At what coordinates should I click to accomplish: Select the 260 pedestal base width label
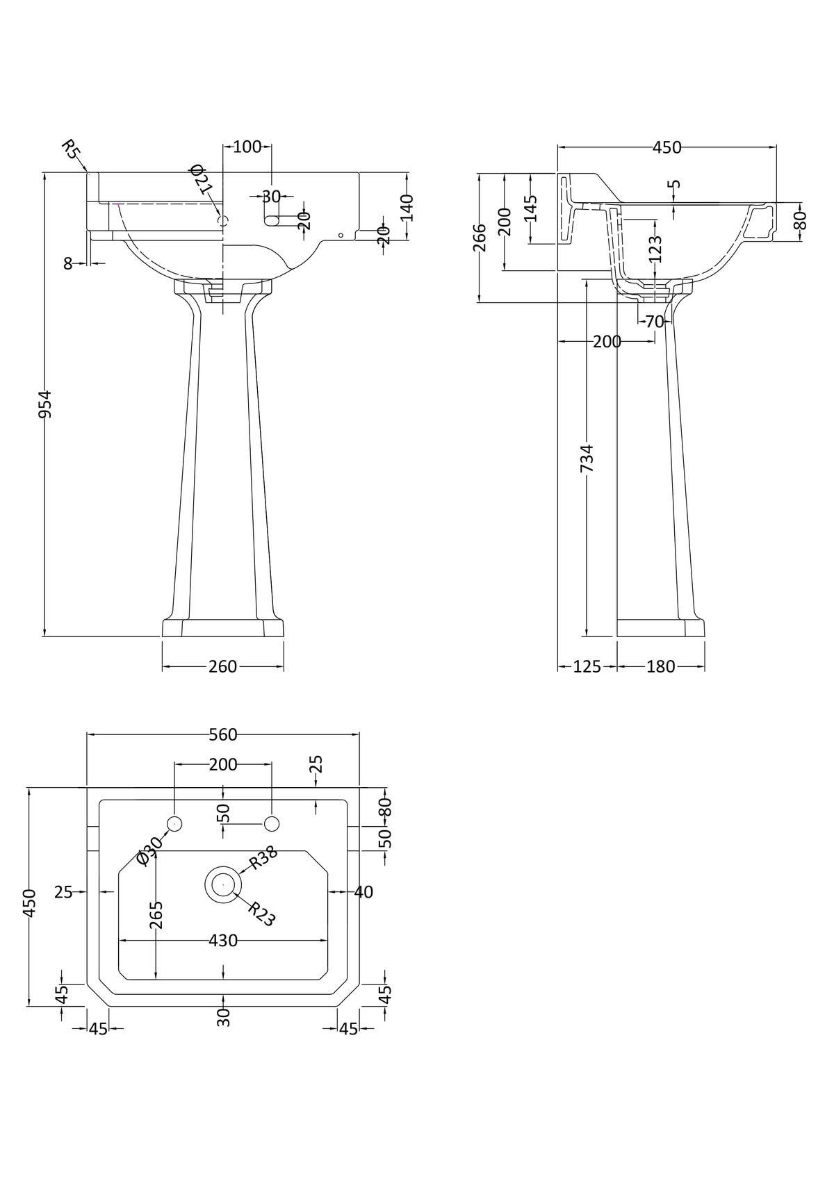(222, 667)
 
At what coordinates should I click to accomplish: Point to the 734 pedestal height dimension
(587, 459)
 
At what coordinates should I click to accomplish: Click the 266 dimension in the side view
(481, 238)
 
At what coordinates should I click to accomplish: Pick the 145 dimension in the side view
(530, 208)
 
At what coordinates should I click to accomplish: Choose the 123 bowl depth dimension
(655, 249)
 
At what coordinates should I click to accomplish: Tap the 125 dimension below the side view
(587, 667)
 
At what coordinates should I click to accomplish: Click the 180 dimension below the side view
(660, 667)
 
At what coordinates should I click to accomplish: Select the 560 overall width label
(222, 734)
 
